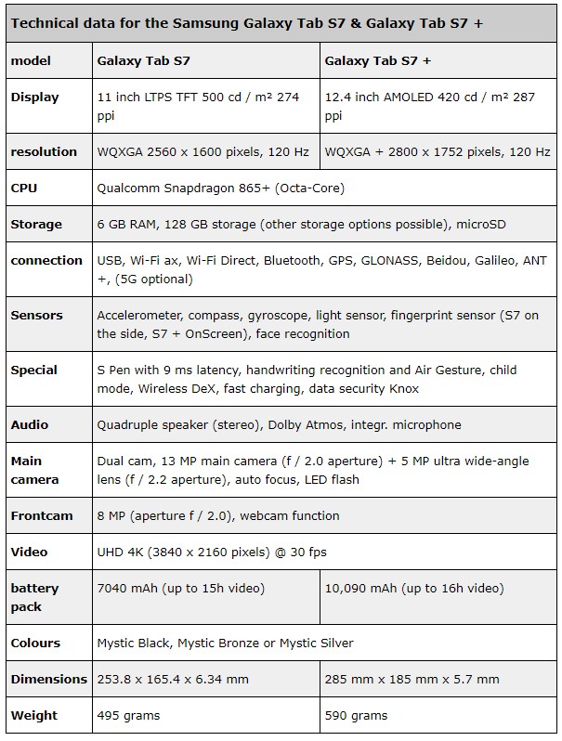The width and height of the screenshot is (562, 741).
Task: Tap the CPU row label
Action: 24,188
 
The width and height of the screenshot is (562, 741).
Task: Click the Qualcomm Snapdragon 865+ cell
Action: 220,188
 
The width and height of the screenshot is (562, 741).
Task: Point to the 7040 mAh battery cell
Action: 180,588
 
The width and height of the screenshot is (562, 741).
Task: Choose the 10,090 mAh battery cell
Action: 414,588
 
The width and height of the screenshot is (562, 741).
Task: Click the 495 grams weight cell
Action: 128,715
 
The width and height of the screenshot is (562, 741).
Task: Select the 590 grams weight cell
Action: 356,715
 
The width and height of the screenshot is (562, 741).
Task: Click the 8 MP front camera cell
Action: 218,515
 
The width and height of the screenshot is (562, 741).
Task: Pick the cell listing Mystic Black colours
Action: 225,643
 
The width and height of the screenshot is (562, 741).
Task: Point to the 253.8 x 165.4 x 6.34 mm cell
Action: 173,679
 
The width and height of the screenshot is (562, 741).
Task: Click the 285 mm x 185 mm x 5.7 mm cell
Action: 412,679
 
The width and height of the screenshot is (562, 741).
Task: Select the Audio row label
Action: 30,424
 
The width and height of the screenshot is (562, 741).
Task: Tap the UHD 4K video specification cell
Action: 212,552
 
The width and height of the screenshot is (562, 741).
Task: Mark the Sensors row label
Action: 36,315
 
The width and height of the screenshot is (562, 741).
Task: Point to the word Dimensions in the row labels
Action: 49,679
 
